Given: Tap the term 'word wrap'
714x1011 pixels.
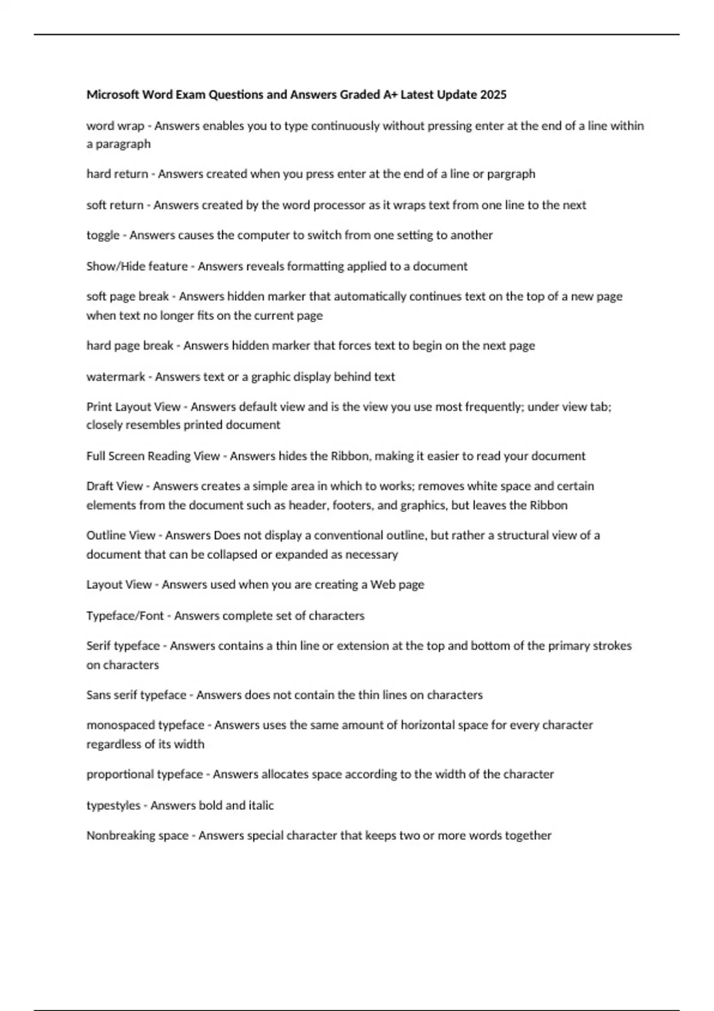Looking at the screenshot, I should coord(115,126).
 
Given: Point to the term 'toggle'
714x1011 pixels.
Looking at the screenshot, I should coord(103,236).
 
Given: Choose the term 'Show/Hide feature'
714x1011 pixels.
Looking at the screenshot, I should coord(137,266).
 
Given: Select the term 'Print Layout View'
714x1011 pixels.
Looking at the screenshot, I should coord(133,407).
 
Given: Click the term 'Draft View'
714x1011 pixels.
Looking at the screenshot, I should coord(114,486).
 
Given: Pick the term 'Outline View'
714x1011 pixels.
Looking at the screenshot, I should coord(121,535).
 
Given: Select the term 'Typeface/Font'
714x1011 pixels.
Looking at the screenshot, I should coord(125,616).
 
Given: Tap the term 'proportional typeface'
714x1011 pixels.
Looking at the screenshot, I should coord(145,774).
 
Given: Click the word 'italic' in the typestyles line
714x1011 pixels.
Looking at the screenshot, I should coord(261,806).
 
